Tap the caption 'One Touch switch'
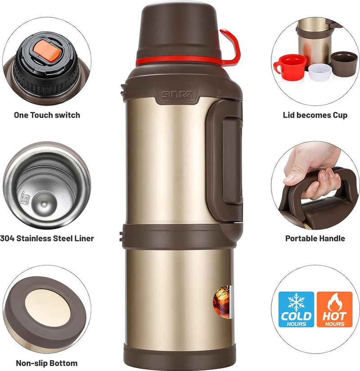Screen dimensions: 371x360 pos(47,115)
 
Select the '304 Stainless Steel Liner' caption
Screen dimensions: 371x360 pos(47,238)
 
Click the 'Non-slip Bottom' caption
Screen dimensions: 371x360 pos(47,363)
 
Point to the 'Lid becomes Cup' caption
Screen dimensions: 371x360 pos(315,115)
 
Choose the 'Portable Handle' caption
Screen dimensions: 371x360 pos(315,238)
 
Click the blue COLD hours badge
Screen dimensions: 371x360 pos(296,309)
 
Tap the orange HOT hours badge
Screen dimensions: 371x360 pos(334,309)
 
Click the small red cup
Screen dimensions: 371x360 pos(291,66)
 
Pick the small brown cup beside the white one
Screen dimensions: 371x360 pos(344,63)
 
